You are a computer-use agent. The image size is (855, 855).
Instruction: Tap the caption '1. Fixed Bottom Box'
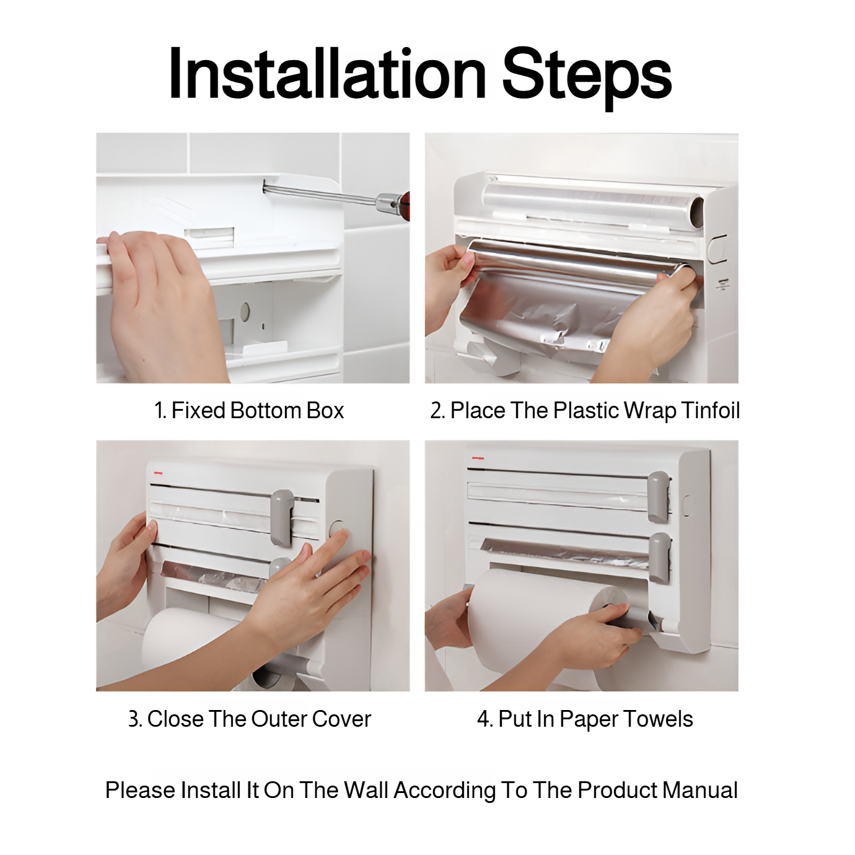(x=248, y=410)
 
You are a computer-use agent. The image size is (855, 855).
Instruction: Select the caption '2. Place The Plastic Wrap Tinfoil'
(x=584, y=410)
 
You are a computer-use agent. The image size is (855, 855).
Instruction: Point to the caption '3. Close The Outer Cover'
(x=249, y=719)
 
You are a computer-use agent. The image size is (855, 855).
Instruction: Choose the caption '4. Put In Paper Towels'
(x=584, y=719)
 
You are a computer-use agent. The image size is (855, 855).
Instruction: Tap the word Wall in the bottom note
(x=366, y=790)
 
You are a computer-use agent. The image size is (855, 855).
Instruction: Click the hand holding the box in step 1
(x=155, y=297)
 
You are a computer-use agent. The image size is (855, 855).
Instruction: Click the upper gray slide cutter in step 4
(x=659, y=496)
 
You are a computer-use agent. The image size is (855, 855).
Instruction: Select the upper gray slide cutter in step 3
(x=283, y=517)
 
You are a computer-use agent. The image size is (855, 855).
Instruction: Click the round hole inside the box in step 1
(x=245, y=312)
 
